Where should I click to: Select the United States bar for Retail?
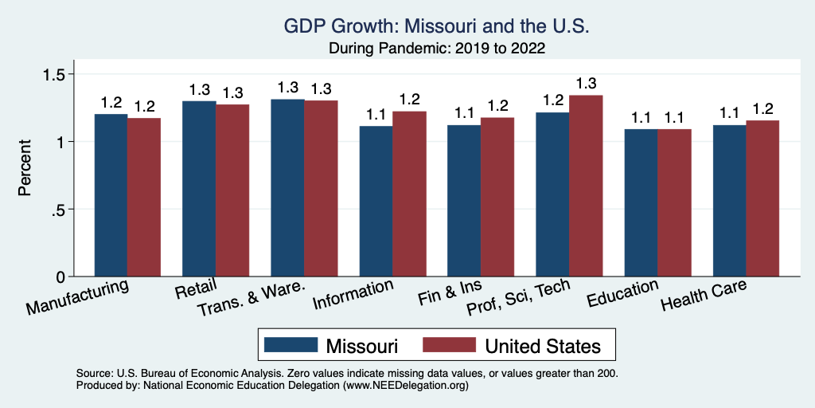(x=232, y=190)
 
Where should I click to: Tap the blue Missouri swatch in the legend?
(x=290, y=345)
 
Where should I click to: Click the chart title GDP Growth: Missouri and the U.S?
(x=437, y=27)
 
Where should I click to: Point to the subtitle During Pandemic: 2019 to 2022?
(x=437, y=48)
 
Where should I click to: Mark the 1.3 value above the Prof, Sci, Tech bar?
(x=586, y=84)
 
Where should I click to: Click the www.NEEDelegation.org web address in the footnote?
(x=404, y=385)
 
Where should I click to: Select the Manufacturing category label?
(x=77, y=296)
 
